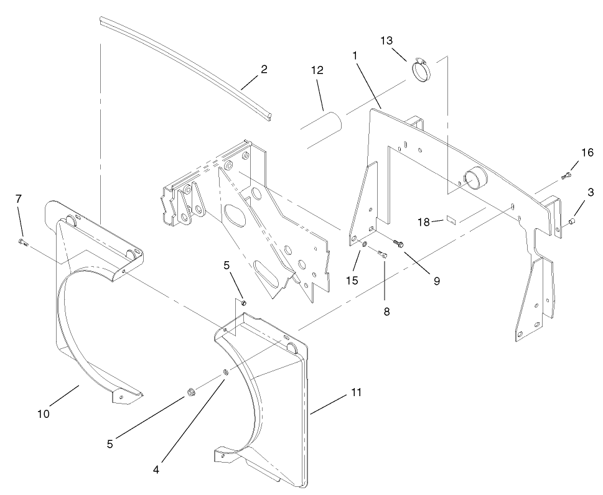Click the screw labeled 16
(566, 176)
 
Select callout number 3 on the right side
(590, 193)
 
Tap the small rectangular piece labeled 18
(452, 220)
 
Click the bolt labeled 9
(398, 243)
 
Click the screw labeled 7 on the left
(23, 242)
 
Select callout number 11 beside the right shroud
(355, 393)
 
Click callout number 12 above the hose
(317, 71)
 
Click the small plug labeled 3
(573, 221)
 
